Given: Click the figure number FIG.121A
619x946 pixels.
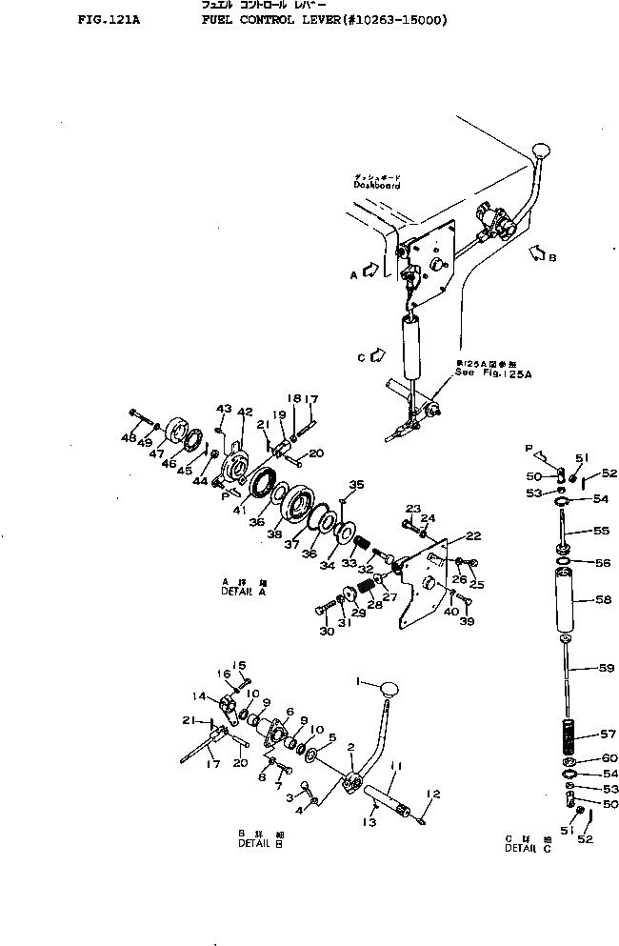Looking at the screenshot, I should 106,19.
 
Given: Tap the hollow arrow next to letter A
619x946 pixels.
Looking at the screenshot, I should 372,272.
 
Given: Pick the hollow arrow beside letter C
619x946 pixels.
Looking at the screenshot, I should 377,355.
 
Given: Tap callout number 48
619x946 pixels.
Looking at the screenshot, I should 130,438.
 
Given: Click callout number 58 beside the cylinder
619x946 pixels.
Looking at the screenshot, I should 602,601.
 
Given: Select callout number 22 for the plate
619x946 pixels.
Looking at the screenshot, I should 472,535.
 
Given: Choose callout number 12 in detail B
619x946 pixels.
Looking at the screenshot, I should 433,794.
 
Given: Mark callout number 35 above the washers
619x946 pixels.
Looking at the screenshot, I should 357,485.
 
